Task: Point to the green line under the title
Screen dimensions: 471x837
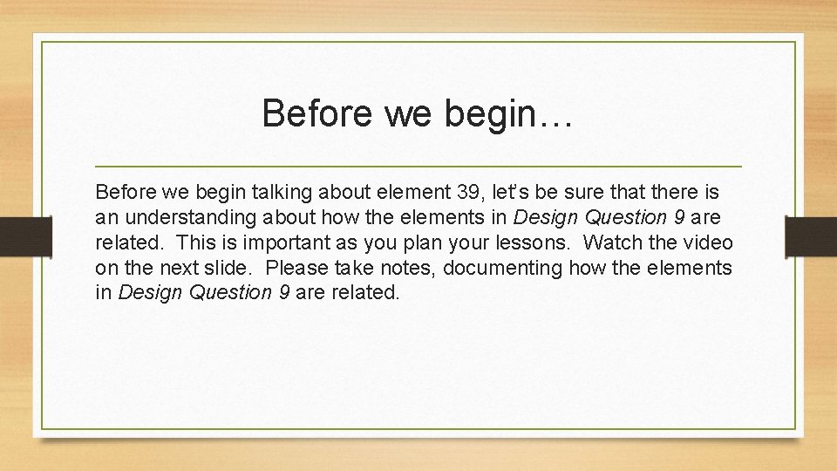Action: pos(418,166)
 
